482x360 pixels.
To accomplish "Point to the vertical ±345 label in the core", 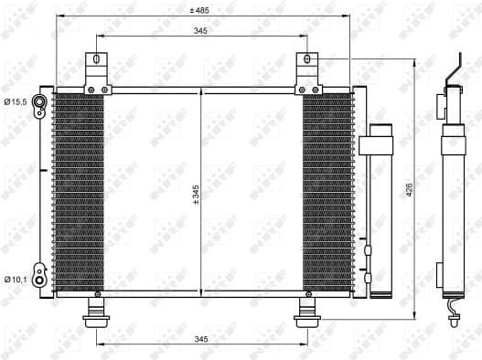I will pos(195,195).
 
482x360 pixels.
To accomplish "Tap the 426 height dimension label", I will pos(410,189).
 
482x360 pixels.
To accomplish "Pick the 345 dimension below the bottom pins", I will pos(201,339).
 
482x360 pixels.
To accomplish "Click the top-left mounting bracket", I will pos(96,73).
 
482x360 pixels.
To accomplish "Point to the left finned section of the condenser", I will pos(80,192).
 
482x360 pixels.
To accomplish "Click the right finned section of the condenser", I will pos(327,192).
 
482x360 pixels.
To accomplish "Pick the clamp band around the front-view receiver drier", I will pos(377,143).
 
